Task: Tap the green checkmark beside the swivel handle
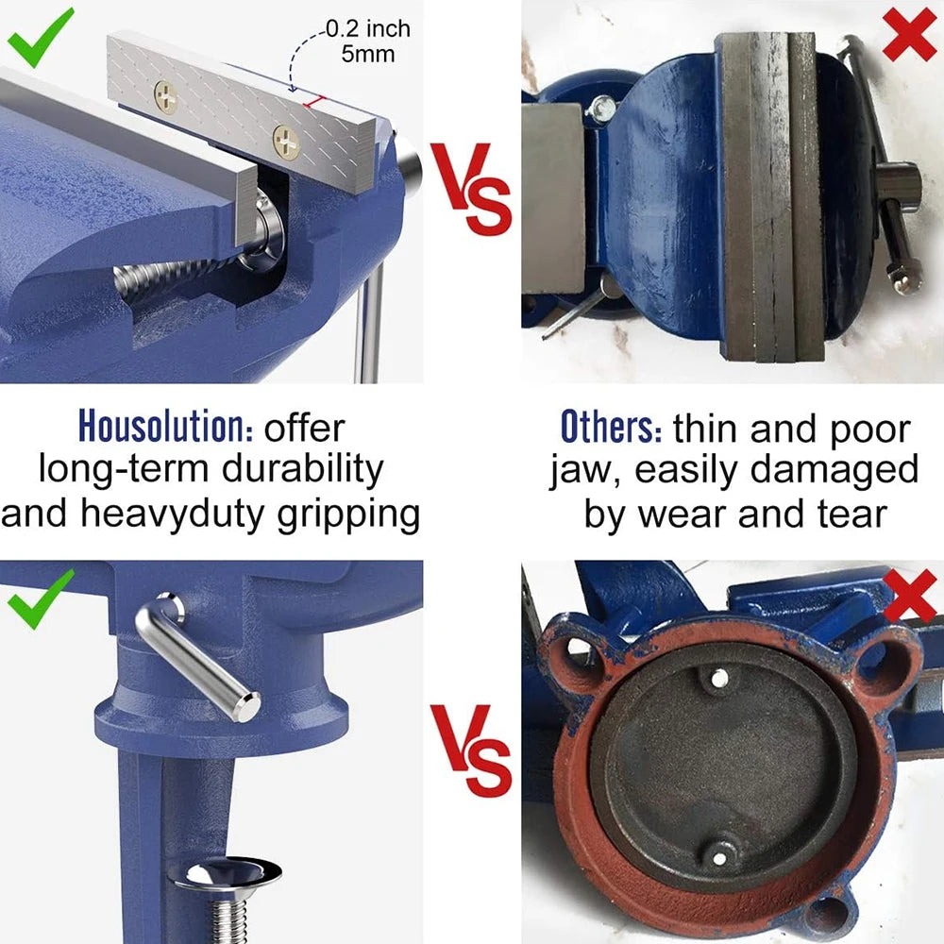pos(40,598)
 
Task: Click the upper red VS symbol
pos(472,189)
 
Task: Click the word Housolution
pos(165,427)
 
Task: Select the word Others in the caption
pos(611,427)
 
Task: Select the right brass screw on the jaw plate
pos(286,142)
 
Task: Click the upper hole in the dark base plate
pos(718,677)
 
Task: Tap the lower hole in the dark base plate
pos(720,856)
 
